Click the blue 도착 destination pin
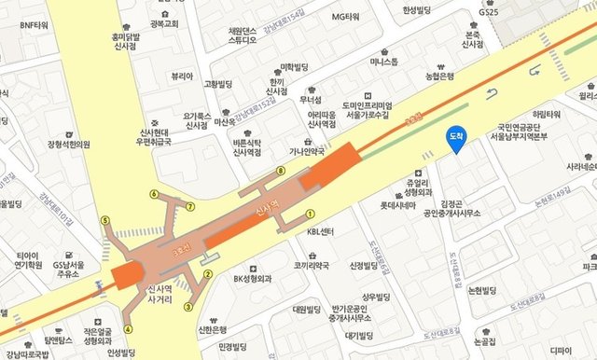(x=456, y=136)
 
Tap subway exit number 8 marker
(x=280, y=172)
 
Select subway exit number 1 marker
(x=312, y=213)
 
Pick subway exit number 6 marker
(x=154, y=194)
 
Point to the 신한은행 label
(x=213, y=329)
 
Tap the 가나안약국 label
(x=304, y=151)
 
